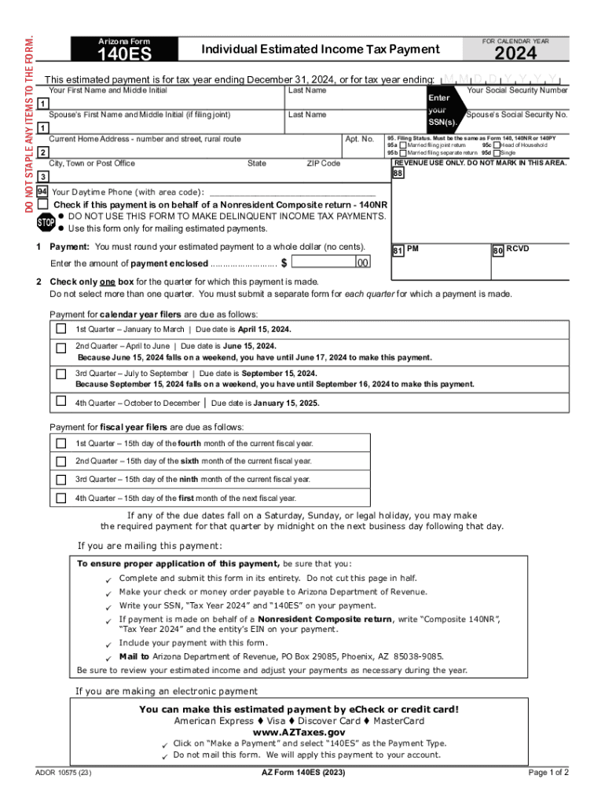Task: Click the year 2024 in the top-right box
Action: pyautogui.click(x=515, y=53)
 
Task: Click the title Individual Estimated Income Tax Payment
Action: pyautogui.click(x=321, y=49)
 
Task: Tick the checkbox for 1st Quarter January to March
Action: pyautogui.click(x=60, y=328)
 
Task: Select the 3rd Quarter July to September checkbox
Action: pyautogui.click(x=60, y=375)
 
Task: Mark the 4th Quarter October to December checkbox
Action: pyautogui.click(x=60, y=401)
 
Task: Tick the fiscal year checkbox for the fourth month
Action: pyautogui.click(x=60, y=443)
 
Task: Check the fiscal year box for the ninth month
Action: pyautogui.click(x=60, y=479)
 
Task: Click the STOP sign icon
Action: pyautogui.click(x=46, y=222)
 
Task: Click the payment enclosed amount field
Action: pyautogui.click(x=322, y=263)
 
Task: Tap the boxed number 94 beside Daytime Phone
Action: pyautogui.click(x=42, y=192)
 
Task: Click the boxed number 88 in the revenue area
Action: pyautogui.click(x=398, y=173)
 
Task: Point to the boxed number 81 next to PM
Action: pyautogui.click(x=398, y=250)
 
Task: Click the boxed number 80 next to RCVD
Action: pyautogui.click(x=497, y=250)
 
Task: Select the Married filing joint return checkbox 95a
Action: pyautogui.click(x=402, y=145)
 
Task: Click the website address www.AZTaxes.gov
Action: pyautogui.click(x=298, y=732)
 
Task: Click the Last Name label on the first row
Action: pyautogui.click(x=307, y=90)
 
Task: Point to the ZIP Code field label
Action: pyautogui.click(x=323, y=163)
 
